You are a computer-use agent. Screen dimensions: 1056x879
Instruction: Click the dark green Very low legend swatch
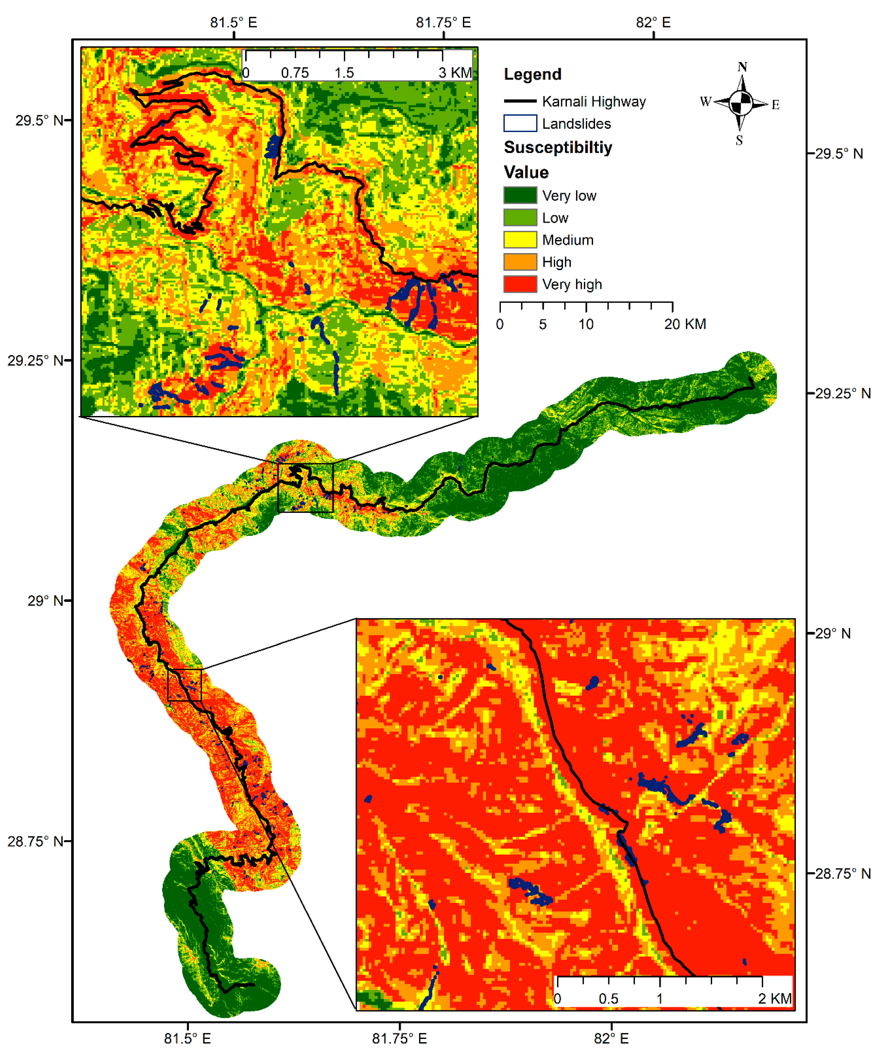pos(520,195)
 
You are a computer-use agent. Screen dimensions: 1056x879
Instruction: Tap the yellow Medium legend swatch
pos(520,239)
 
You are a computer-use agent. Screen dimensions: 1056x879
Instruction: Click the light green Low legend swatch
pos(520,217)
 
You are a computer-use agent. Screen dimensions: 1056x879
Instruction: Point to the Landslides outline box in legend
pos(520,123)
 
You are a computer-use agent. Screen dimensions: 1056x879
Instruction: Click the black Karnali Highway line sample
pos(520,101)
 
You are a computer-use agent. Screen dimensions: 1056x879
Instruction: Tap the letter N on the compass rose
pos(742,67)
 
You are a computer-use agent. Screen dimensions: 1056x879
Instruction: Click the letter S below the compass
pos(739,140)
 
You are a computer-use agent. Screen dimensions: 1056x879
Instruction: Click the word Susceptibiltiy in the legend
pos(558,147)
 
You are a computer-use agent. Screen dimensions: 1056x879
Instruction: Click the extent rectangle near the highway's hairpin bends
pos(305,488)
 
